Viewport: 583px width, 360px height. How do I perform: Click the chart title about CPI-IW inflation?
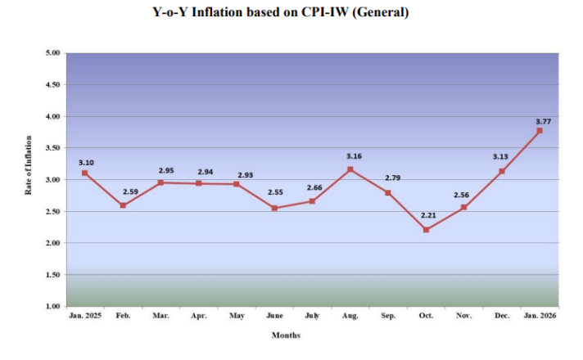click(x=292, y=12)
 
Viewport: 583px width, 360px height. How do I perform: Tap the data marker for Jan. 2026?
click(x=539, y=130)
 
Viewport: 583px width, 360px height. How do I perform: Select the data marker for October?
click(x=426, y=230)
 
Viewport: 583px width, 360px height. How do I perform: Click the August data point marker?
click(x=350, y=169)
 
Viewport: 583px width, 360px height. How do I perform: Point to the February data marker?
click(x=123, y=205)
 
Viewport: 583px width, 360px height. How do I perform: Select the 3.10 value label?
click(x=87, y=163)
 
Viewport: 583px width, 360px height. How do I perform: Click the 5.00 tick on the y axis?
click(x=53, y=53)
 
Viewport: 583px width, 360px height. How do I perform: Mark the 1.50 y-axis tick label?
click(x=53, y=275)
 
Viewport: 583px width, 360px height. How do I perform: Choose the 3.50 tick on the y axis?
click(x=53, y=148)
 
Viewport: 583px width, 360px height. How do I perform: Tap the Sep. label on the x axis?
click(x=387, y=314)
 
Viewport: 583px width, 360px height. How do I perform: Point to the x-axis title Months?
click(x=286, y=335)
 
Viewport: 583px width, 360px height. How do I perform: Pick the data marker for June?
click(x=274, y=208)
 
